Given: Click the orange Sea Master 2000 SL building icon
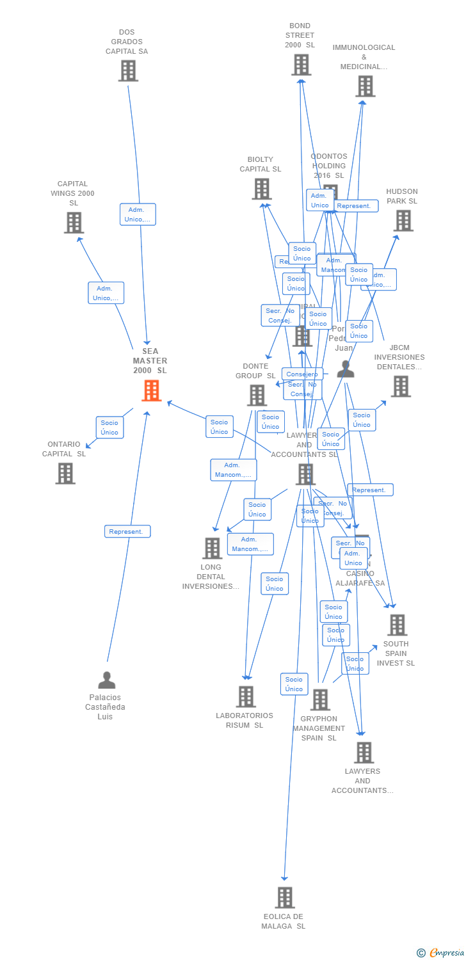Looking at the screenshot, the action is point(152,390).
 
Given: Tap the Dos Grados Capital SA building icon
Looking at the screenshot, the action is point(128,70).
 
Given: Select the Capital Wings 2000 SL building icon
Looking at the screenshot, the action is point(74,223).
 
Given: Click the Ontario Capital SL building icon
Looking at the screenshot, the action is point(65,474).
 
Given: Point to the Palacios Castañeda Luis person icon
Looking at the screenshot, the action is point(107,680).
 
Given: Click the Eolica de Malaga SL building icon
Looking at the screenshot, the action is point(285,897).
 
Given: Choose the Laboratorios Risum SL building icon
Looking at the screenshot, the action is point(246,696).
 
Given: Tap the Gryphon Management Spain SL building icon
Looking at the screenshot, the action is point(320,700).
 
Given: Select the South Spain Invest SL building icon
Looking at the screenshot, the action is point(397,625).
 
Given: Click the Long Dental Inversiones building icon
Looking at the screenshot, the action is point(212,548).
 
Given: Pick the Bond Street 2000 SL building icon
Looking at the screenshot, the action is point(301,65).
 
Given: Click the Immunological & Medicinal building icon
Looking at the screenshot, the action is point(365,86).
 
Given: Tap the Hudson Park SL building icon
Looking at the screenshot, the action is point(403,220).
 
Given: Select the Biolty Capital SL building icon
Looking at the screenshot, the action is point(261,189).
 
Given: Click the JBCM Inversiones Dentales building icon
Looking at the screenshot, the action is point(401,386).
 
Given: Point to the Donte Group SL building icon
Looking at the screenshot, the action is point(257,395).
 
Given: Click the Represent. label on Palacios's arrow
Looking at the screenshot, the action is point(127,531).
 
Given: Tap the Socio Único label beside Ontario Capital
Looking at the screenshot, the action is point(109,428).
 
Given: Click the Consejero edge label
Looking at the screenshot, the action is point(301,374).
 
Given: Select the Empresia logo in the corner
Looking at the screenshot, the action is point(441,952).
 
